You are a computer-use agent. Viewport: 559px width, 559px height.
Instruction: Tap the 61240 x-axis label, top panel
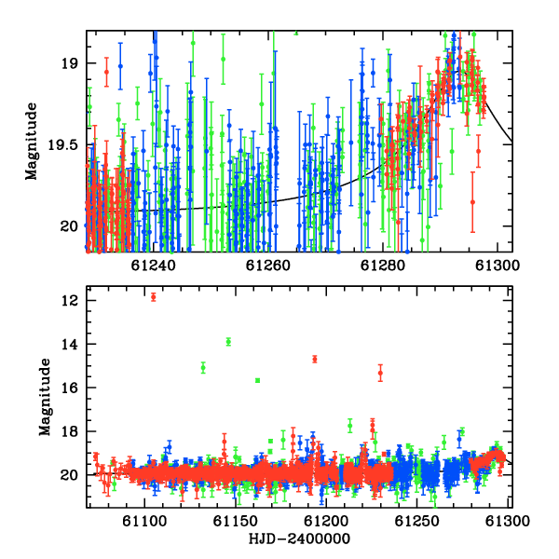click(x=153, y=266)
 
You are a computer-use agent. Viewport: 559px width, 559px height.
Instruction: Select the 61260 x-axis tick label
click(x=267, y=266)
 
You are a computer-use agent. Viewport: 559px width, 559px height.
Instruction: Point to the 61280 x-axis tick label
click(x=383, y=266)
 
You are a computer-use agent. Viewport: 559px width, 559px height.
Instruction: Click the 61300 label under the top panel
click(x=498, y=266)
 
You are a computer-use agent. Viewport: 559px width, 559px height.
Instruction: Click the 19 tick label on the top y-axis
click(x=69, y=63)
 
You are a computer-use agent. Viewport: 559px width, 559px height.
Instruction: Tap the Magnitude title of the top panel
click(x=31, y=142)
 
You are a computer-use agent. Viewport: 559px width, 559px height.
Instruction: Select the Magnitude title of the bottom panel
click(x=45, y=397)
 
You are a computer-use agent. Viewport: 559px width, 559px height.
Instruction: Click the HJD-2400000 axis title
click(x=299, y=539)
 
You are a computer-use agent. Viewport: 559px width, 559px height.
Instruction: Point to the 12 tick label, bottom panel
click(x=69, y=301)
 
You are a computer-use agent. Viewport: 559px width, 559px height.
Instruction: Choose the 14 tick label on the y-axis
click(x=69, y=345)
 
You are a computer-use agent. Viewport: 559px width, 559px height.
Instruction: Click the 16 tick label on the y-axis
click(x=69, y=388)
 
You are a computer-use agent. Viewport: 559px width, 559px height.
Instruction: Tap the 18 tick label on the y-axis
click(x=69, y=431)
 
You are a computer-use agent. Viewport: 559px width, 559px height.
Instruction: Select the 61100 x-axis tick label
click(x=144, y=521)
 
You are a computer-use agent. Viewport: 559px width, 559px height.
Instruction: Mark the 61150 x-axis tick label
click(x=236, y=521)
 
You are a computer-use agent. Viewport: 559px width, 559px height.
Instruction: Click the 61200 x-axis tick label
click(x=326, y=521)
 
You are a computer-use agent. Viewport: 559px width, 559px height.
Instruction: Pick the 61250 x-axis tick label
click(x=416, y=521)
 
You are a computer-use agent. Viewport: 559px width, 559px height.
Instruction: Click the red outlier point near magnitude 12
click(x=154, y=297)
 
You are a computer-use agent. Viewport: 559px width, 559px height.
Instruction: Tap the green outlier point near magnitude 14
click(x=228, y=342)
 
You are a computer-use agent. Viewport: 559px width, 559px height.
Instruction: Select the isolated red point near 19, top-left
click(x=106, y=72)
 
